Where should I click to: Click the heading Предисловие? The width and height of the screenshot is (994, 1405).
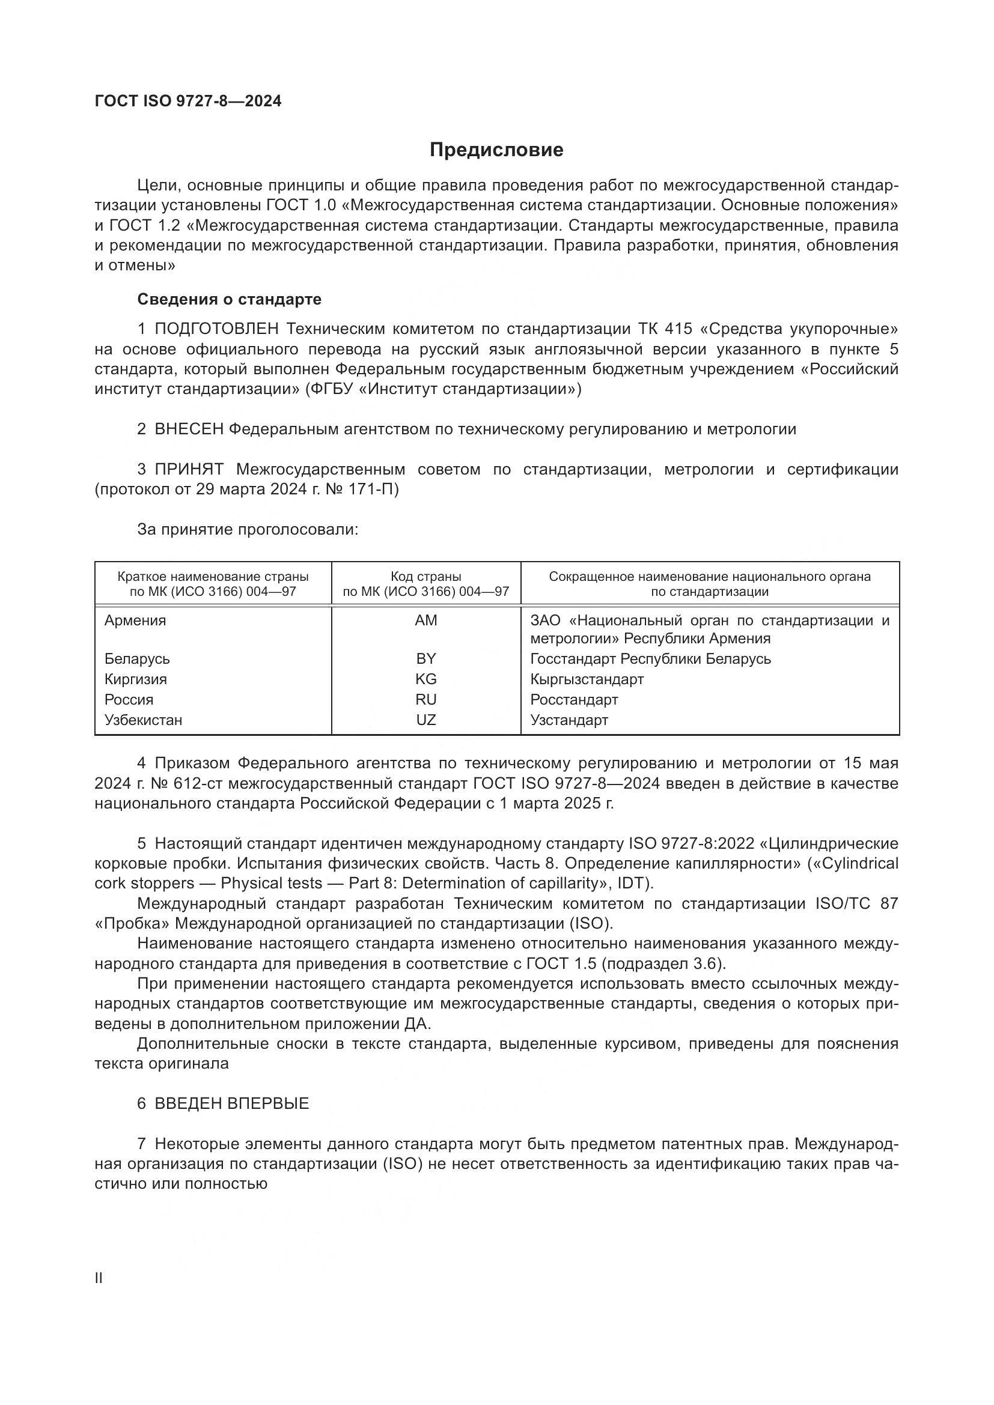pos(496,150)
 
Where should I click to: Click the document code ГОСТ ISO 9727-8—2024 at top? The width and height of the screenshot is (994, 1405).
pos(188,101)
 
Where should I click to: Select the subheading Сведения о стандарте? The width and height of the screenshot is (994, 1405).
pos(229,299)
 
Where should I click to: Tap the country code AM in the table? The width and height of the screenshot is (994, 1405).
pos(426,621)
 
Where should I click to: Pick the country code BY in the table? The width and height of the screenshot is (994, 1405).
pos(426,659)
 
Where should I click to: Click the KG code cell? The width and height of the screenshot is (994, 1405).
pos(426,679)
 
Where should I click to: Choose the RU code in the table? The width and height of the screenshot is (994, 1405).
pos(426,699)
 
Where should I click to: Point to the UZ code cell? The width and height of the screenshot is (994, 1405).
pos(426,720)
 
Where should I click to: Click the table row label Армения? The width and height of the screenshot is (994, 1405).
pos(135,621)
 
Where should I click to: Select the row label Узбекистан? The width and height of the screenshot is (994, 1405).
pos(143,720)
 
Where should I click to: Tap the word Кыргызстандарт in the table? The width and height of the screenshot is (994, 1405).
pos(587,679)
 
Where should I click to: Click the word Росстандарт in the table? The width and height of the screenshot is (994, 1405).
pos(574,699)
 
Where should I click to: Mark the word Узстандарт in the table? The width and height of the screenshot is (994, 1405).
pos(569,720)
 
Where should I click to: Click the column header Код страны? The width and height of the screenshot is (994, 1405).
pos(426,577)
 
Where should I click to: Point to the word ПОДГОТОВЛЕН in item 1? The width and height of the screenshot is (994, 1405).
pos(217,329)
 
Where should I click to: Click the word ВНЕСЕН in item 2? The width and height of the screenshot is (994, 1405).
pos(189,429)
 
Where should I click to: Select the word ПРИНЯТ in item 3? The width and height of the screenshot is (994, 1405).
pos(189,470)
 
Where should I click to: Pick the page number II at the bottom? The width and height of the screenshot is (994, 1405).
pos(99,1278)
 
